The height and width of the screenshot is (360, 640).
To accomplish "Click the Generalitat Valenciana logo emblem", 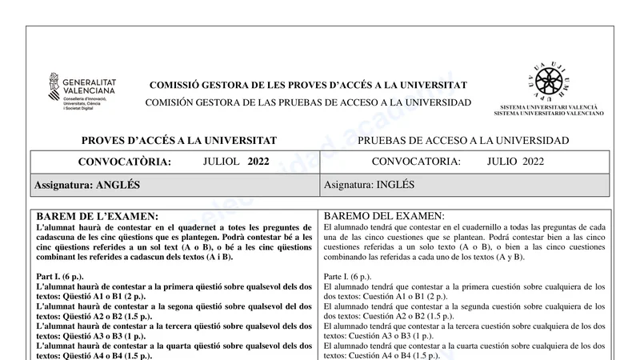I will coord(54,86).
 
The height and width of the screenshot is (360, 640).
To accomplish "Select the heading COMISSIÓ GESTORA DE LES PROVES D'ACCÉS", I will coord(308,86).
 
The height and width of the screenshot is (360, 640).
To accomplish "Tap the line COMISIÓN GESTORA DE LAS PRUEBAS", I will coord(308,103).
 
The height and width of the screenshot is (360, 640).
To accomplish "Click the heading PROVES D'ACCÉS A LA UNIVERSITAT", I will coord(179,141).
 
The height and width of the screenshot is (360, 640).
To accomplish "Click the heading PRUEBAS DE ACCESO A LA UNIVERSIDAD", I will coord(463,141).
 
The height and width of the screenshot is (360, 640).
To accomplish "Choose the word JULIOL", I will coord(222,161).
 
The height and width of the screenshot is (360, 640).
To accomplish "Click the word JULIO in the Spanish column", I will coord(502,161).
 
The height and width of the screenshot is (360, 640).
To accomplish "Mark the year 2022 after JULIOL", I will coord(258,161).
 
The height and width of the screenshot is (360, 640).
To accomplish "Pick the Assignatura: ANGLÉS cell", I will coord(87,185).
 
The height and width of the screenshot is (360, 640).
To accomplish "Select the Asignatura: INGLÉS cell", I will coord(370,185).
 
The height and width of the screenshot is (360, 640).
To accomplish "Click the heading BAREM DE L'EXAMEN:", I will coord(98,216).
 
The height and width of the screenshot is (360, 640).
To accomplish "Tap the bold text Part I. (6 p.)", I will coord(62,277).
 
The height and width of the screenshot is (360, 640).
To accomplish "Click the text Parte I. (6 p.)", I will coord(347,277).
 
